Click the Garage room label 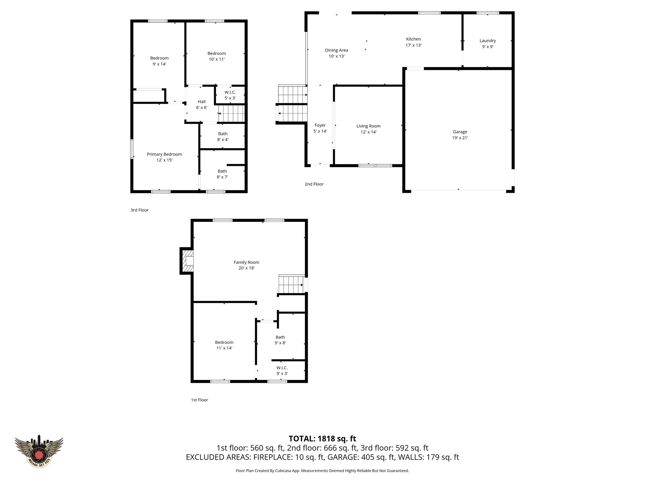[460, 132]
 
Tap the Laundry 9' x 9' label [488, 43]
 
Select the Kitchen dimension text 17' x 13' [413, 45]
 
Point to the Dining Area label [336, 50]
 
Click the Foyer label [320, 125]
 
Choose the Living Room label [368, 126]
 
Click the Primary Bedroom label [164, 154]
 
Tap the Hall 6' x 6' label [202, 104]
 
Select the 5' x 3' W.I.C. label [230, 95]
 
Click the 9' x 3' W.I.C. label [282, 371]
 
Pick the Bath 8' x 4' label [223, 136]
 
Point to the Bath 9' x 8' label [280, 340]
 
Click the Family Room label [246, 262]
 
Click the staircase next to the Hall [231, 113]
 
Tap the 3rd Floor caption [139, 210]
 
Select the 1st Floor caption [199, 400]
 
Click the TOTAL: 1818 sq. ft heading [322, 439]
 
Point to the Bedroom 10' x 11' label [216, 56]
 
